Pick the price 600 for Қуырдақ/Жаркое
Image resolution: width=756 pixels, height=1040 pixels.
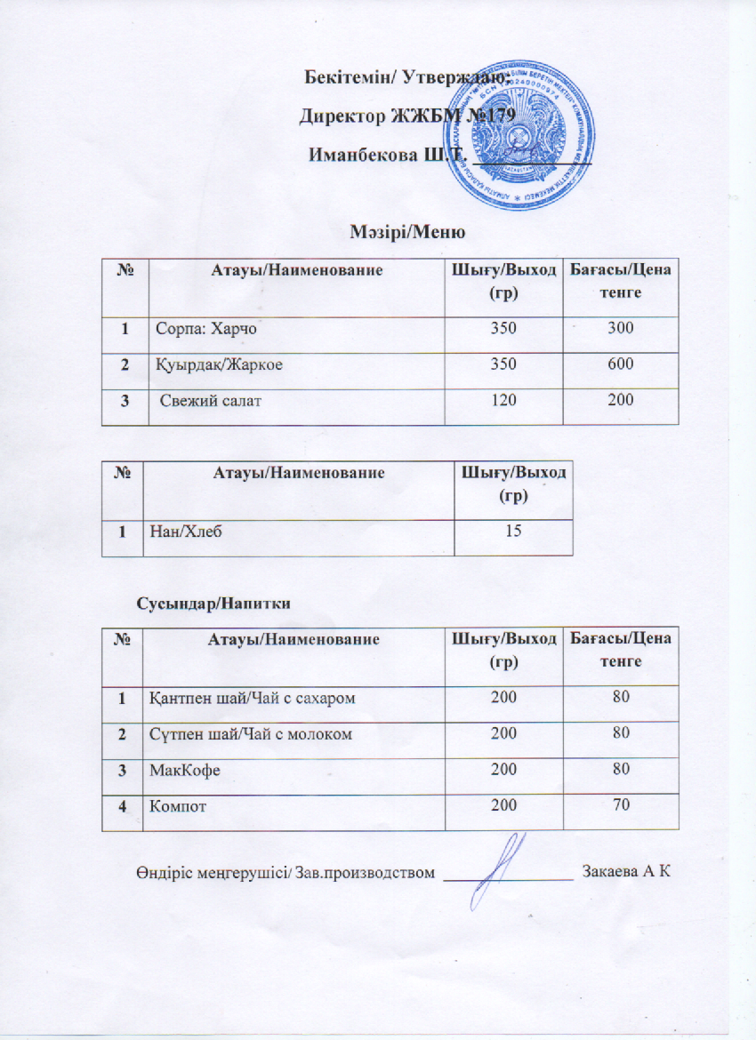[621, 365]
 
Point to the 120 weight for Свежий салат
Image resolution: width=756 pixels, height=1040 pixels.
[503, 401]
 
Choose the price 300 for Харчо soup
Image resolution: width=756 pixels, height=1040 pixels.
[621, 330]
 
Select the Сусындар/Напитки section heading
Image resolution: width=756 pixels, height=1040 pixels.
[214, 602]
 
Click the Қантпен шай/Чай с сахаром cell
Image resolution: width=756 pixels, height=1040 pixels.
[252, 699]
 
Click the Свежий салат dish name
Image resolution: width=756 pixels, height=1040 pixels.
[210, 401]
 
